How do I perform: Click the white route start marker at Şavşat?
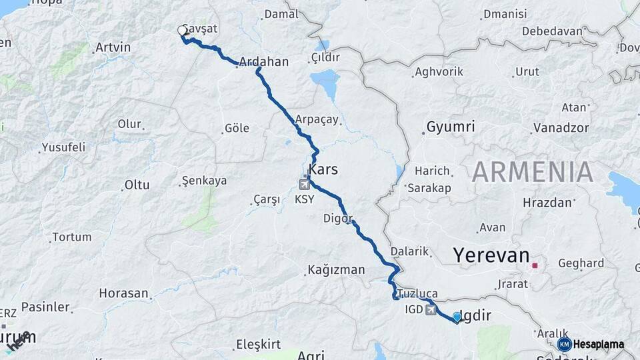click(x=182, y=31)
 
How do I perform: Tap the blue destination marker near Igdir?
click(x=457, y=317)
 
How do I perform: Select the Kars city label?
click(x=323, y=169)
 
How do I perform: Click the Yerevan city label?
click(x=491, y=255)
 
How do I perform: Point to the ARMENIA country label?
click(x=533, y=172)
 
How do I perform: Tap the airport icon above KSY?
click(x=305, y=181)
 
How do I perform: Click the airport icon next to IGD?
click(x=431, y=309)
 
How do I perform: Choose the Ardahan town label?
click(x=263, y=62)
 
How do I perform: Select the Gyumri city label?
click(x=451, y=127)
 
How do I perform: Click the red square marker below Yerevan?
click(x=535, y=265)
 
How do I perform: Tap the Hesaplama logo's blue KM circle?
click(x=565, y=344)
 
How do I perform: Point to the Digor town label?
click(x=337, y=218)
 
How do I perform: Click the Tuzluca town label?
click(x=418, y=293)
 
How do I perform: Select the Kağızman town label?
click(x=336, y=270)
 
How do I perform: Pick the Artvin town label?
click(x=113, y=47)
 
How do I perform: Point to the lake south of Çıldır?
click(x=325, y=84)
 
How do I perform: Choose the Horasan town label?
click(x=123, y=293)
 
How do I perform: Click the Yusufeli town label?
click(x=63, y=147)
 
